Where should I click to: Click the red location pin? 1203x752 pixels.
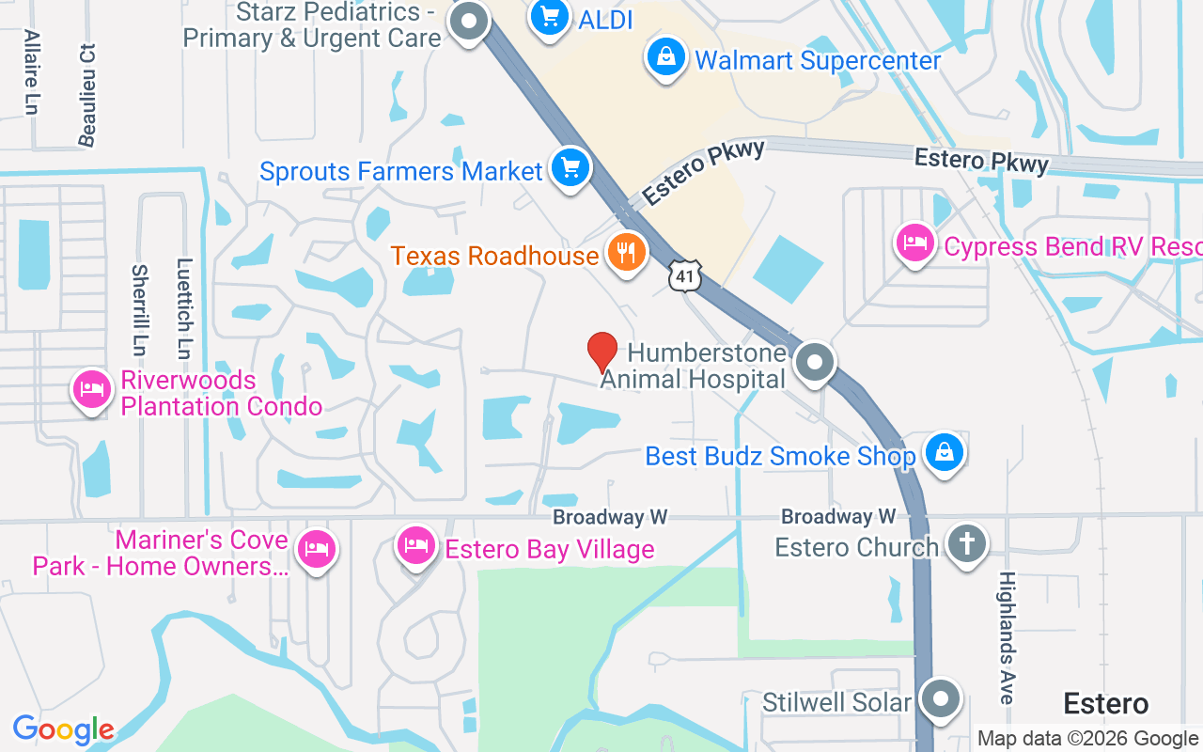pyautogui.click(x=601, y=352)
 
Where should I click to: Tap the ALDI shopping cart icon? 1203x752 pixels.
pyautogui.click(x=551, y=18)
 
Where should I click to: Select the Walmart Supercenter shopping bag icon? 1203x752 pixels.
pyautogui.click(x=666, y=57)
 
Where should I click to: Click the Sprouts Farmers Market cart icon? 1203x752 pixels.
pyautogui.click(x=570, y=169)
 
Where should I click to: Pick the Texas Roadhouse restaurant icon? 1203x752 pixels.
pyautogui.click(x=626, y=252)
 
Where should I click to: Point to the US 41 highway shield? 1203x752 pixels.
pyautogui.click(x=685, y=274)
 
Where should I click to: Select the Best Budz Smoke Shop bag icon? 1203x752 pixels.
pyautogui.click(x=945, y=453)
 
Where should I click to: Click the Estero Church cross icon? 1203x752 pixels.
pyautogui.click(x=967, y=543)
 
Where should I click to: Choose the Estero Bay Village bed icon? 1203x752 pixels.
pyautogui.click(x=415, y=545)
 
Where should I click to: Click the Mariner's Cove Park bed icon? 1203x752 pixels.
pyautogui.click(x=316, y=549)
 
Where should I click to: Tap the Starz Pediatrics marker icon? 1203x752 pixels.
pyautogui.click(x=468, y=21)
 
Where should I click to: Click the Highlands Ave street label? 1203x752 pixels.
pyautogui.click(x=1007, y=637)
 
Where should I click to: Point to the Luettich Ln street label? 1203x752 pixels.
pyautogui.click(x=184, y=308)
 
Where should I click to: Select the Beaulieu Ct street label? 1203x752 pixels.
pyautogui.click(x=87, y=94)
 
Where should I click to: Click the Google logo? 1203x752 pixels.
pyautogui.click(x=63, y=729)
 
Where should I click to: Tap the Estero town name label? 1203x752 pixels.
pyautogui.click(x=1106, y=703)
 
